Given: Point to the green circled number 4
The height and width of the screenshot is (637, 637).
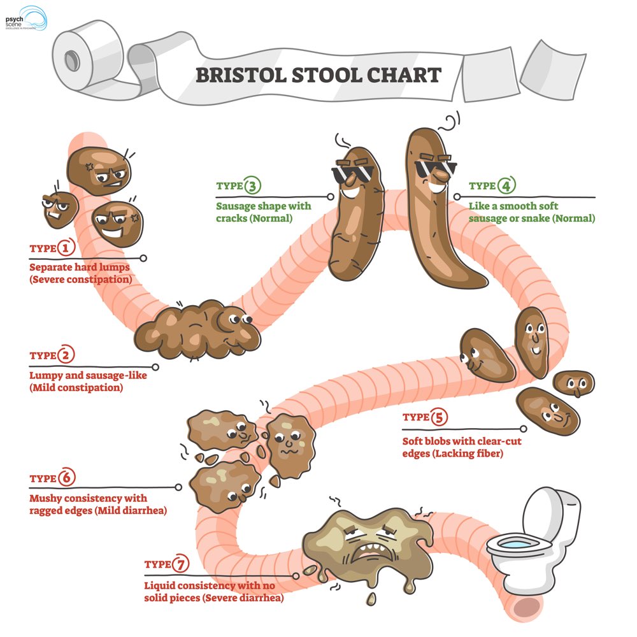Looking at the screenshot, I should [x=506, y=186].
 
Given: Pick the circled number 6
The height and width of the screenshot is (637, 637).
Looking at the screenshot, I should [x=66, y=478].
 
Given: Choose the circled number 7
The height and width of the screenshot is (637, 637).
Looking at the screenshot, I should [x=182, y=564].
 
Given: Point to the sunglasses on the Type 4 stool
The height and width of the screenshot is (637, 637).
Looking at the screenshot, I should [x=435, y=168].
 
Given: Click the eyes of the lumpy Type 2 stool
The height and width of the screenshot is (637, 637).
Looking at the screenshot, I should [x=241, y=317].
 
